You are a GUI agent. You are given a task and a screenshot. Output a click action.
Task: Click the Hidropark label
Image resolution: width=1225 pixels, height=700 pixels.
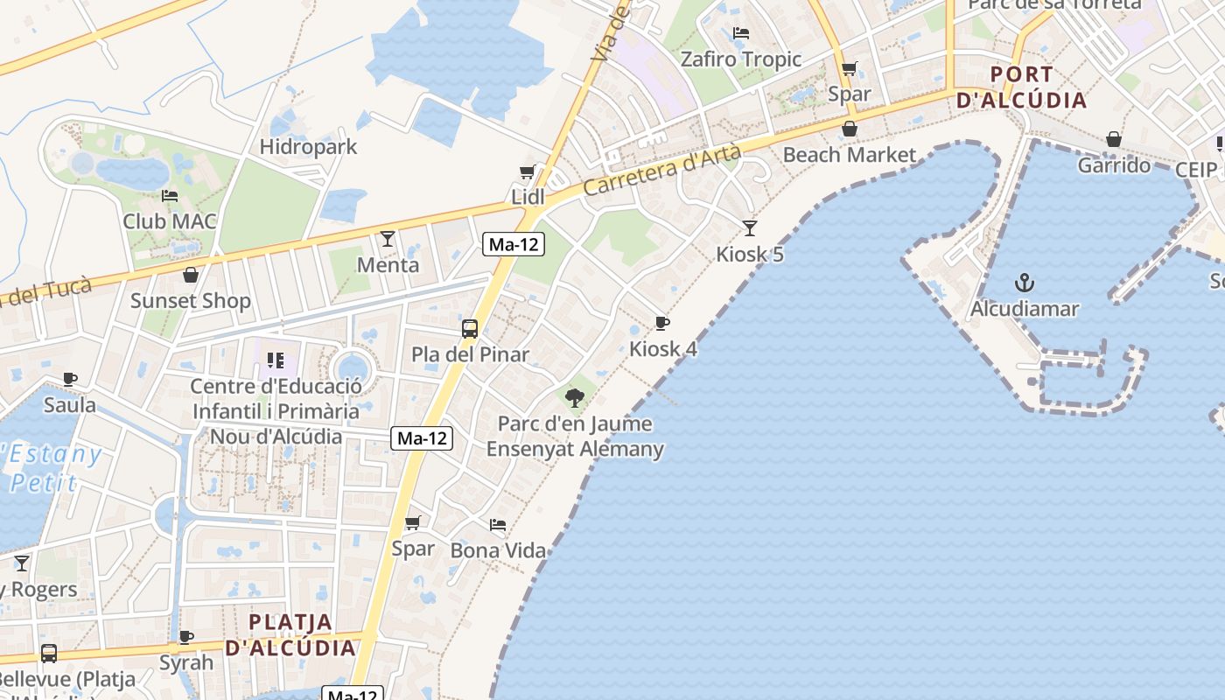(x=308, y=146)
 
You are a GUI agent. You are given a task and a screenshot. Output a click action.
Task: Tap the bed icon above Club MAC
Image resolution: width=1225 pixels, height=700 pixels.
(x=170, y=195)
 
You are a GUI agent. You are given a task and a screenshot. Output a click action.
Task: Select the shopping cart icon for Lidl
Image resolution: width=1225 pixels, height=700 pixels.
(x=527, y=172)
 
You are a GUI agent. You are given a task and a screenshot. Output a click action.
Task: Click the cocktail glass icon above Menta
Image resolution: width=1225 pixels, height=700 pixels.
(x=388, y=238)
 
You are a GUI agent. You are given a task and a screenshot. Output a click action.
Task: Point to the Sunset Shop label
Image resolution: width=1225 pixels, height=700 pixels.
(x=191, y=301)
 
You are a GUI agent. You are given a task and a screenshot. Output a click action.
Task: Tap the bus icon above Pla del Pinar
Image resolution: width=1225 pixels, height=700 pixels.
(x=470, y=329)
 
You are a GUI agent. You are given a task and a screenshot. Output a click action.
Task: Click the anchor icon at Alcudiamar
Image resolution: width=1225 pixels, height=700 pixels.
(x=1024, y=283)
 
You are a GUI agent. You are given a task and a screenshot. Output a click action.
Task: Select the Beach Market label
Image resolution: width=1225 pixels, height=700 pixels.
(x=850, y=156)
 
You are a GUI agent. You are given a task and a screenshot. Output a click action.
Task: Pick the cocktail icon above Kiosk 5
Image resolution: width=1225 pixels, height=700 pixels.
(x=750, y=228)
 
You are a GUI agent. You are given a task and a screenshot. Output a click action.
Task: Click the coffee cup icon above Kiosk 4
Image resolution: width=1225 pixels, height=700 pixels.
(x=662, y=323)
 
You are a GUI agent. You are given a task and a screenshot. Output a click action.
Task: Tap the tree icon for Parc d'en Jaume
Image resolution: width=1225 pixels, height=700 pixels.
(x=575, y=398)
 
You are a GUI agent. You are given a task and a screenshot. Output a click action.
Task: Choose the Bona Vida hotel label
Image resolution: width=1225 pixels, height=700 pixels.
(x=498, y=550)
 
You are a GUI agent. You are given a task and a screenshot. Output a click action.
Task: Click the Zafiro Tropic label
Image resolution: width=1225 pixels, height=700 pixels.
(x=741, y=59)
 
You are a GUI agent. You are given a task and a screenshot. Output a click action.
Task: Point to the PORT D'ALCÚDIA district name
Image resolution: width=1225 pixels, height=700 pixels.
(x=1022, y=87)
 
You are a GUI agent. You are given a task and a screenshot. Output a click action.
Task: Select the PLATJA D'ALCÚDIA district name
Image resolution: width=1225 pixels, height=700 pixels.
(x=290, y=635)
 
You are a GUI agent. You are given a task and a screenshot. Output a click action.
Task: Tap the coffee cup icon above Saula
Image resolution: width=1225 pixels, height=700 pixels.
(x=70, y=379)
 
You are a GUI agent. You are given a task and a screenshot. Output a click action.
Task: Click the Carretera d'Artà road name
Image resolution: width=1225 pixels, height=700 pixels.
(x=662, y=171)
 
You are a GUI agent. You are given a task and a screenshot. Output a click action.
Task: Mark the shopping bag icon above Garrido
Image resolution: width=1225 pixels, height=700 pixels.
(x=1113, y=139)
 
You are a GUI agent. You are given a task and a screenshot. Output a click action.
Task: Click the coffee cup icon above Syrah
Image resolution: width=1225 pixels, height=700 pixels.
(x=185, y=637)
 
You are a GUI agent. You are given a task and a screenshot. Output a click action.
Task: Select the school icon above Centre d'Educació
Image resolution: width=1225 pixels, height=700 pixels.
(x=276, y=360)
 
